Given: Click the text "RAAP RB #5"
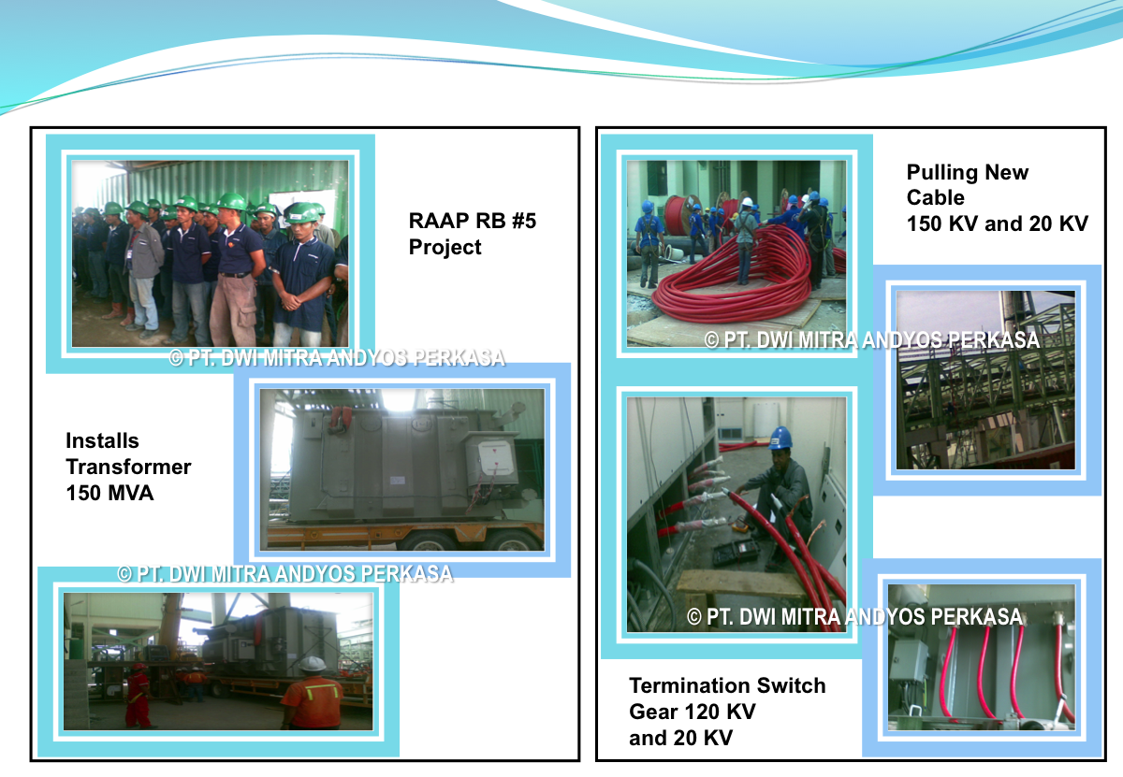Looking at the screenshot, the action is [473, 221].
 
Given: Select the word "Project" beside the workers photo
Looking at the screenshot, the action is [445, 248].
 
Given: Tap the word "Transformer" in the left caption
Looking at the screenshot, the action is [128, 467].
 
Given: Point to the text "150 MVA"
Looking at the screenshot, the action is [109, 493].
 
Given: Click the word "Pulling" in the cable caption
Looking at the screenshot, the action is [942, 173].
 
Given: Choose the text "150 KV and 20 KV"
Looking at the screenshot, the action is [998, 223].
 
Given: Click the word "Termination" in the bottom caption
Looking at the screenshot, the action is [689, 685].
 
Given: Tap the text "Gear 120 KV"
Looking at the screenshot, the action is [692, 712].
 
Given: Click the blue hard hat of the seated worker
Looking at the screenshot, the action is [780, 438].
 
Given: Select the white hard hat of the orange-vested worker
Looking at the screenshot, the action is [312, 664].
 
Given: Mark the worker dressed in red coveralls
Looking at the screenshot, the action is [137, 696].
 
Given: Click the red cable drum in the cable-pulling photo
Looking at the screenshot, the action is [682, 215].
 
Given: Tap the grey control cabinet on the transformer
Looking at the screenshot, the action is [489, 460].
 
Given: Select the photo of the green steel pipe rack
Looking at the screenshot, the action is [985, 381].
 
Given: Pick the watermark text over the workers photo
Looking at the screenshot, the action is [337, 358].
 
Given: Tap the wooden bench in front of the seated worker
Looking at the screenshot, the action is [742, 585].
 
